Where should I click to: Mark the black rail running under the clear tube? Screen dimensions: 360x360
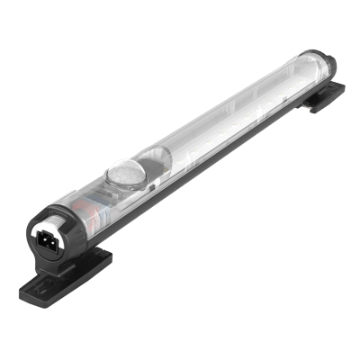click(x=225, y=153)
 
